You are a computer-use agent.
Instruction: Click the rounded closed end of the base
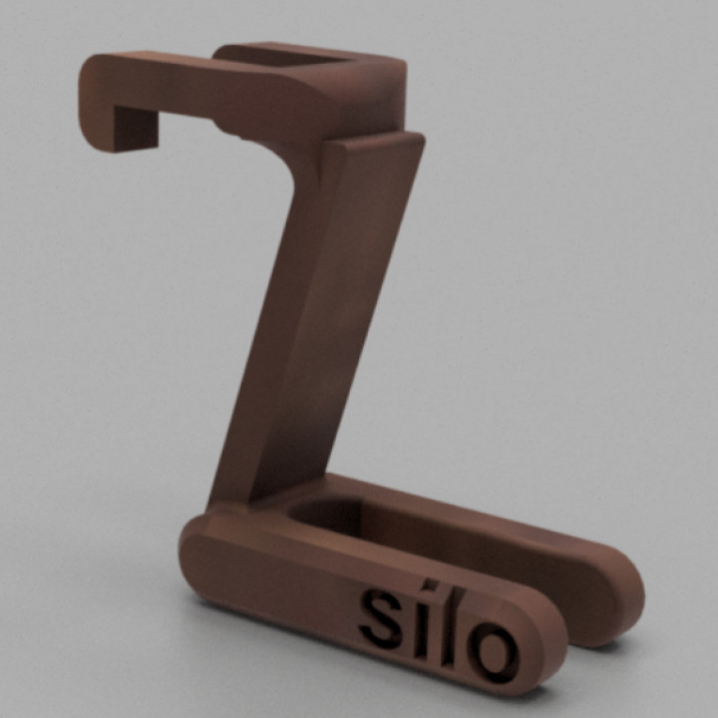199,558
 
